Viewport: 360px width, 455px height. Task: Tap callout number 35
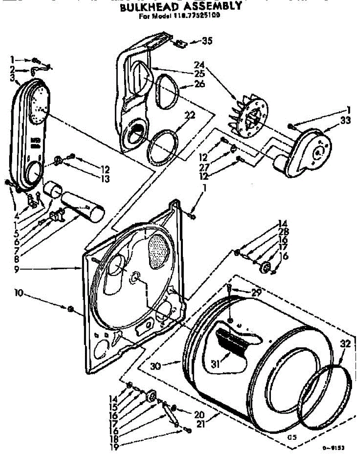coord(207,41)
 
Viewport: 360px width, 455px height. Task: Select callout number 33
coord(335,121)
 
